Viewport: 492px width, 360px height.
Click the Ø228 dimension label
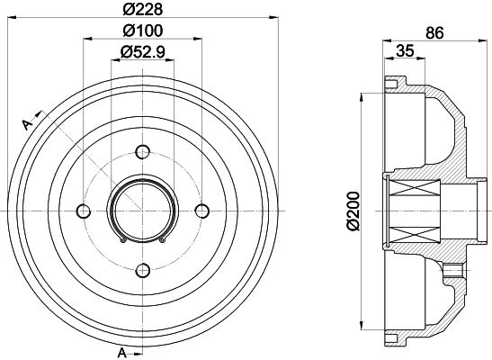click(143, 9)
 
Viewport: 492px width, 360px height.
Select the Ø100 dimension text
click(143, 31)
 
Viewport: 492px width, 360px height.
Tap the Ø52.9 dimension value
click(143, 52)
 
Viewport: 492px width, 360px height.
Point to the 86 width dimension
click(434, 32)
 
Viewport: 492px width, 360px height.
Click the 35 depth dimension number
click(405, 50)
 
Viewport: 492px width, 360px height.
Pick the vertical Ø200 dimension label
click(353, 211)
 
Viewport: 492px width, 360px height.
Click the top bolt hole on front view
click(143, 152)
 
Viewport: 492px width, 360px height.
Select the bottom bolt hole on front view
click(143, 270)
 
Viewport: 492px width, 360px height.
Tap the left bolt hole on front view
click(84, 211)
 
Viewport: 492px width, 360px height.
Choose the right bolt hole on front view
click(202, 211)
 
